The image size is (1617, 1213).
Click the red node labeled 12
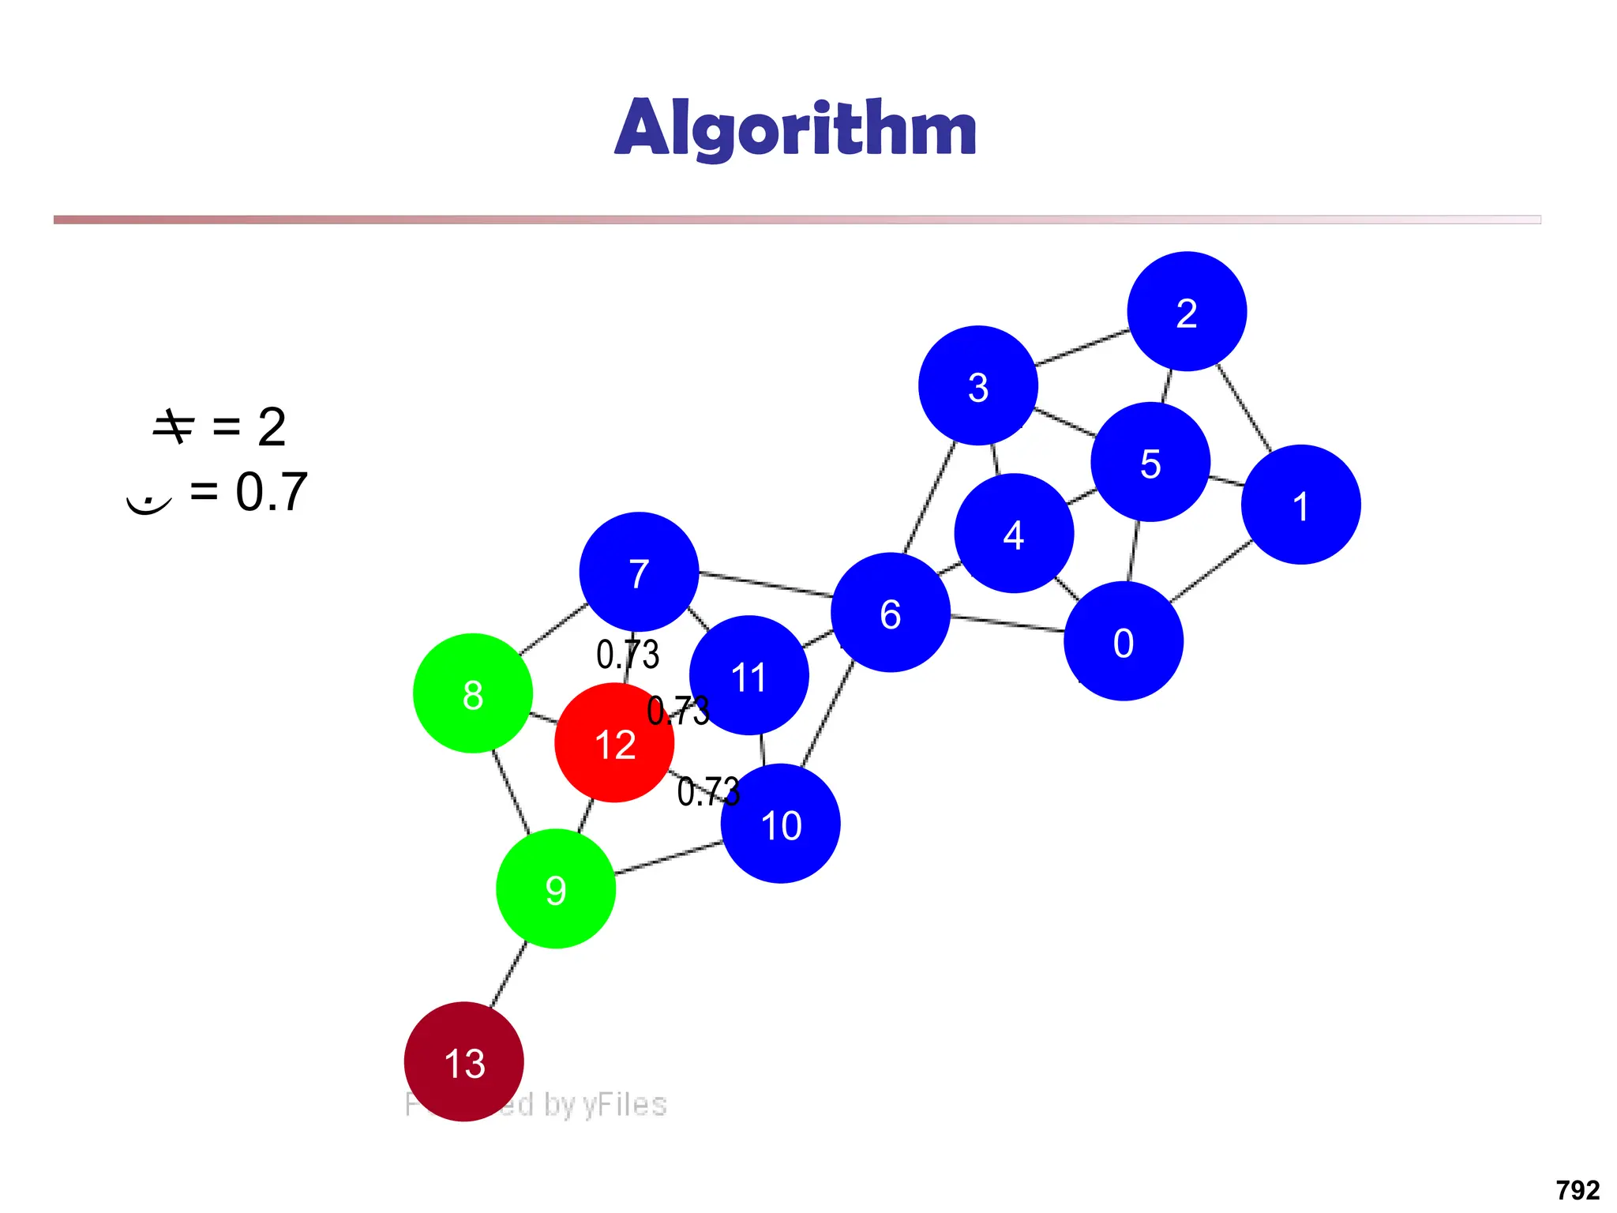(x=614, y=743)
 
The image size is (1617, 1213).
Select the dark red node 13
(x=464, y=1061)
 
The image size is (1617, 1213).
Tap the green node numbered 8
(x=473, y=693)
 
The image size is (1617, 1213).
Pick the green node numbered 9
(x=556, y=888)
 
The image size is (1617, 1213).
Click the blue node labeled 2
(x=1187, y=311)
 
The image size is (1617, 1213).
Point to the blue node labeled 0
(x=1124, y=641)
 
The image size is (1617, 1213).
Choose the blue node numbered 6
(x=891, y=613)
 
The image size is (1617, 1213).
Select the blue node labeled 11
(x=748, y=675)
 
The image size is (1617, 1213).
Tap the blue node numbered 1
(x=1301, y=505)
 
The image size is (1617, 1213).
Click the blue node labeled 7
(x=639, y=572)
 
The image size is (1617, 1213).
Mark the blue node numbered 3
(x=978, y=385)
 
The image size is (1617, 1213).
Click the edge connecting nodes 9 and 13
(x=508, y=975)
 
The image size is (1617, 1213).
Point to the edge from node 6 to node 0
(x=1007, y=624)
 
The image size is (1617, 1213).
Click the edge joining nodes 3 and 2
(x=1082, y=347)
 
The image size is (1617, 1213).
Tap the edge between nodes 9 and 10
(x=668, y=858)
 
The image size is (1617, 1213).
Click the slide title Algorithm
(x=796, y=128)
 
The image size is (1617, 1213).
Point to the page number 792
(x=1578, y=1189)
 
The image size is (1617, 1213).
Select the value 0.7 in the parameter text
(x=271, y=492)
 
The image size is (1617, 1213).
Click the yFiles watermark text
(x=584, y=1104)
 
